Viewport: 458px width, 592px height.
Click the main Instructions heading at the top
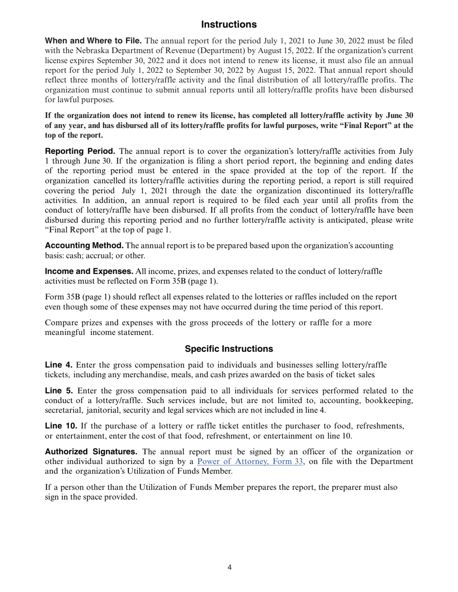point(229,25)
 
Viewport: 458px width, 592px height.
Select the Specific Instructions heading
point(229,349)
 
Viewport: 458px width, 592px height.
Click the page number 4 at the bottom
point(229,567)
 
